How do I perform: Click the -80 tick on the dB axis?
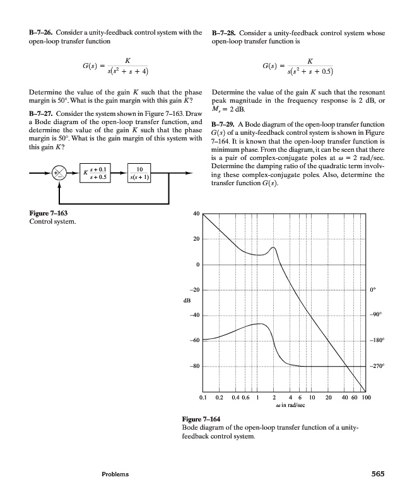tap(194, 366)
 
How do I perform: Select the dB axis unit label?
tap(187, 302)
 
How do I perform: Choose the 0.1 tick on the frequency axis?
tap(203, 398)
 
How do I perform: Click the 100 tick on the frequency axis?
tap(367, 398)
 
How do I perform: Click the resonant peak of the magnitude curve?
tap(273, 248)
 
